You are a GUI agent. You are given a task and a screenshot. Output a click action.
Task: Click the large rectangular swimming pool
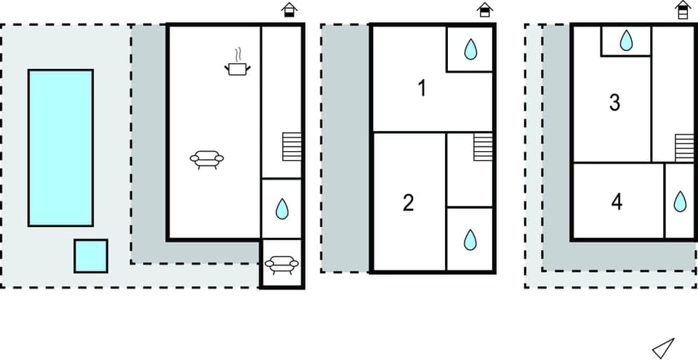(x=60, y=148)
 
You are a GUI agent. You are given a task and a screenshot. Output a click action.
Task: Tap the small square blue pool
(x=91, y=256)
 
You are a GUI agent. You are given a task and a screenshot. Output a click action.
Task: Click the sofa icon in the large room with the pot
(x=206, y=159)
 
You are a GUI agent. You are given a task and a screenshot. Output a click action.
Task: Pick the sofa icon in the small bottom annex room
(x=281, y=264)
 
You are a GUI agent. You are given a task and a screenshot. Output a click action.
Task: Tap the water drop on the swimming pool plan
(x=281, y=209)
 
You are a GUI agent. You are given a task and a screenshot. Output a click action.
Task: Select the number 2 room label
(x=408, y=203)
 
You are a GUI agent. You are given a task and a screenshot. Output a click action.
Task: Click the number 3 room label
(x=614, y=103)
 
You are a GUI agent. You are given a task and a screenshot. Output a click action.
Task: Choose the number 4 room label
(x=617, y=201)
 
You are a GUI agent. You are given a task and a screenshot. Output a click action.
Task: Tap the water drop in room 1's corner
(x=470, y=49)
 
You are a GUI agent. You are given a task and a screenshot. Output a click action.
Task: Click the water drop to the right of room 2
(x=470, y=239)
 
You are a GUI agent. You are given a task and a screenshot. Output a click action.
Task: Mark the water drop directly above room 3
(x=626, y=40)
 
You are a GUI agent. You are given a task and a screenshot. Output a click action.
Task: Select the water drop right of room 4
(x=680, y=201)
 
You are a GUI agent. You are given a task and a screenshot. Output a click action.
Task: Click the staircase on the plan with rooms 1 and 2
(x=484, y=147)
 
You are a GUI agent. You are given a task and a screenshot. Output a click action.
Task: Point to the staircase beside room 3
(x=684, y=148)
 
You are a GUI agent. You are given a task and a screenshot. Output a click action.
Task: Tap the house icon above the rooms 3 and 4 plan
(x=681, y=9)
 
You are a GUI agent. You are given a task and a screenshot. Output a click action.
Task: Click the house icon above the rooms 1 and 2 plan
(x=484, y=9)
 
